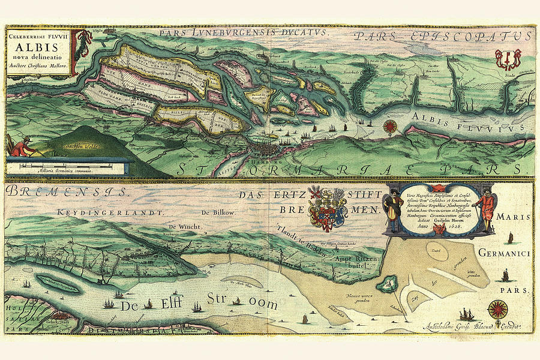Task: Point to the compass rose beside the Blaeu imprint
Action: (497, 309)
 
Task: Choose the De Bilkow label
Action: (217, 212)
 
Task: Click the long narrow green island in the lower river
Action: (57, 284)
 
